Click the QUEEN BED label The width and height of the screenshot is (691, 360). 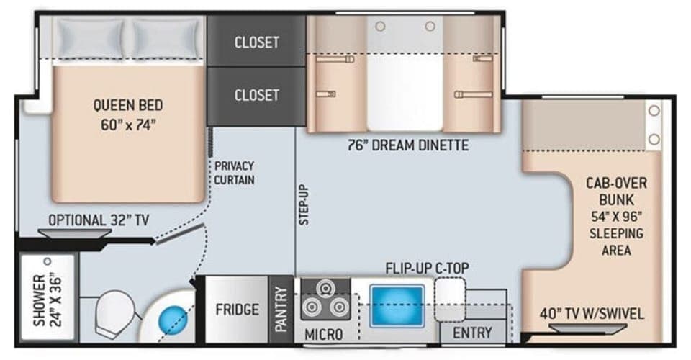pos(128,114)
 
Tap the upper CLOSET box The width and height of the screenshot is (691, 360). pos(256,42)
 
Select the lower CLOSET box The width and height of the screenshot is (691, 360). pos(256,95)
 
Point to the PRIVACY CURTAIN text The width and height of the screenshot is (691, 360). pos(234,173)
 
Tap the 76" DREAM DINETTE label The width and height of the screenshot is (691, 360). pos(407,145)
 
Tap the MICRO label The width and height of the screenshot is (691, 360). pos(324,334)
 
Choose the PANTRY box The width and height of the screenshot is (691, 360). pos(281,310)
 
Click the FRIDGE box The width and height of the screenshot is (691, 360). pos(237,310)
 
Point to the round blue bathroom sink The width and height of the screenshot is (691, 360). pos(173,317)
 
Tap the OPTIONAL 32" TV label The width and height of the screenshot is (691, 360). pos(99,220)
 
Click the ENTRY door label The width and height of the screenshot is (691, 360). pos(473,332)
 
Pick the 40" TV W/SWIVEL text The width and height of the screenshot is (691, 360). pos(592,314)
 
